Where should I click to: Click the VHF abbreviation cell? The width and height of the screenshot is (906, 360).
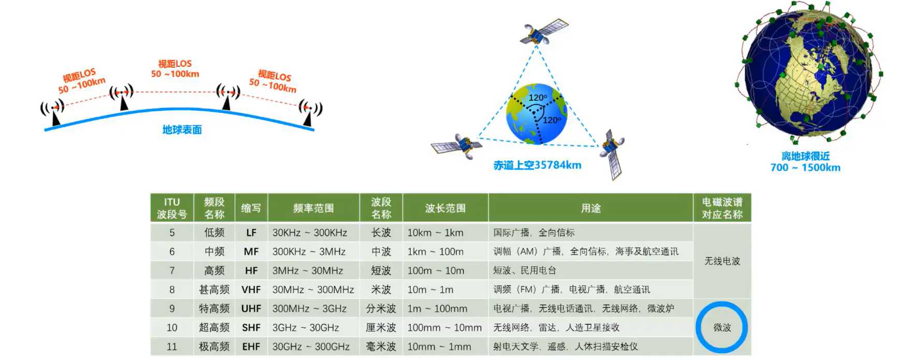[251, 290]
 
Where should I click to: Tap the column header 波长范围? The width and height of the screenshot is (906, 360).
[445, 208]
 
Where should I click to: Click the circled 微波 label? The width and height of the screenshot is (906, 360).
[722, 327]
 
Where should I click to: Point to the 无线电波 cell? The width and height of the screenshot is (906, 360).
[722, 261]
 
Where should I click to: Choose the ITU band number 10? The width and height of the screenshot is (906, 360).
[172, 328]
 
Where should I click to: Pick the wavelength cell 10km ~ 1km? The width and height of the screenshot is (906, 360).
[435, 233]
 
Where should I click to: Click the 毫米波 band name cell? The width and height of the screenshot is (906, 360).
[381, 347]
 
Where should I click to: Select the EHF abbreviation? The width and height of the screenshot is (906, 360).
[251, 347]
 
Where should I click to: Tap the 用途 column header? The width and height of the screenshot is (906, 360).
[590, 208]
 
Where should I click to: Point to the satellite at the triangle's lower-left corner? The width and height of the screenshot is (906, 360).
[457, 145]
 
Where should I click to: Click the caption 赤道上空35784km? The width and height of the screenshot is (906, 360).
[537, 165]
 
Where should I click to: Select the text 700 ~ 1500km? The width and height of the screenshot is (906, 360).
[805, 168]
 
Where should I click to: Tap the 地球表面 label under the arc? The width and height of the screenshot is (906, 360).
[182, 130]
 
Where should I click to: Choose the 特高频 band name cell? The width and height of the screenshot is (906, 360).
[214, 309]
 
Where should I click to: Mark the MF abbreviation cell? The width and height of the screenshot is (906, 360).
[251, 252]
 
